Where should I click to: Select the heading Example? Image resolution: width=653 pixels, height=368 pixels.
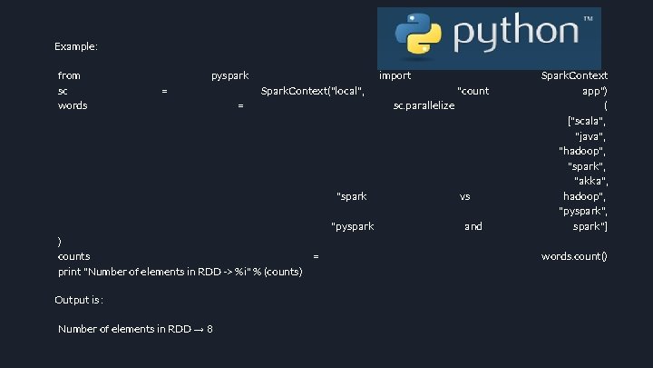pos(76,45)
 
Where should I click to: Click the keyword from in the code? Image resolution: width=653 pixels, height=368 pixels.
pos(69,75)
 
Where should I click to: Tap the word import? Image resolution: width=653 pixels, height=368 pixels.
pos(395,75)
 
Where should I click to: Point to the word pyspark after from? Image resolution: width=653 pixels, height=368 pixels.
pos(230,75)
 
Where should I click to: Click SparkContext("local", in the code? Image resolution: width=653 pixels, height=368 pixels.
pos(313,91)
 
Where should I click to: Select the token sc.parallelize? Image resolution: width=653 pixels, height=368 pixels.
pos(424,105)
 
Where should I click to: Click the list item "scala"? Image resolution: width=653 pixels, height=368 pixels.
pos(587,121)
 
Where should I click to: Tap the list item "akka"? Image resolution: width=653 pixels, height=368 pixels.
pos(591,181)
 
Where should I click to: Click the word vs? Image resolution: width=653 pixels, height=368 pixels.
pos(464,196)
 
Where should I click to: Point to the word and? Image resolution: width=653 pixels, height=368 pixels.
pos(473,226)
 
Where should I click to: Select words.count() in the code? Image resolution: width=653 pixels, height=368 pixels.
pos(574,256)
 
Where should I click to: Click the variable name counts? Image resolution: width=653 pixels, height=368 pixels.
pos(73,256)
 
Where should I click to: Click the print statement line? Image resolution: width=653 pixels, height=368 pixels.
pos(180,272)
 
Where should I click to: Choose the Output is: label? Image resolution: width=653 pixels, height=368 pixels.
pos(79,300)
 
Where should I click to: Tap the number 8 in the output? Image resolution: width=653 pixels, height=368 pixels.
pos(210,329)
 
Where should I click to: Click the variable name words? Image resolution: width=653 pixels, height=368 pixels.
pos(73,105)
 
